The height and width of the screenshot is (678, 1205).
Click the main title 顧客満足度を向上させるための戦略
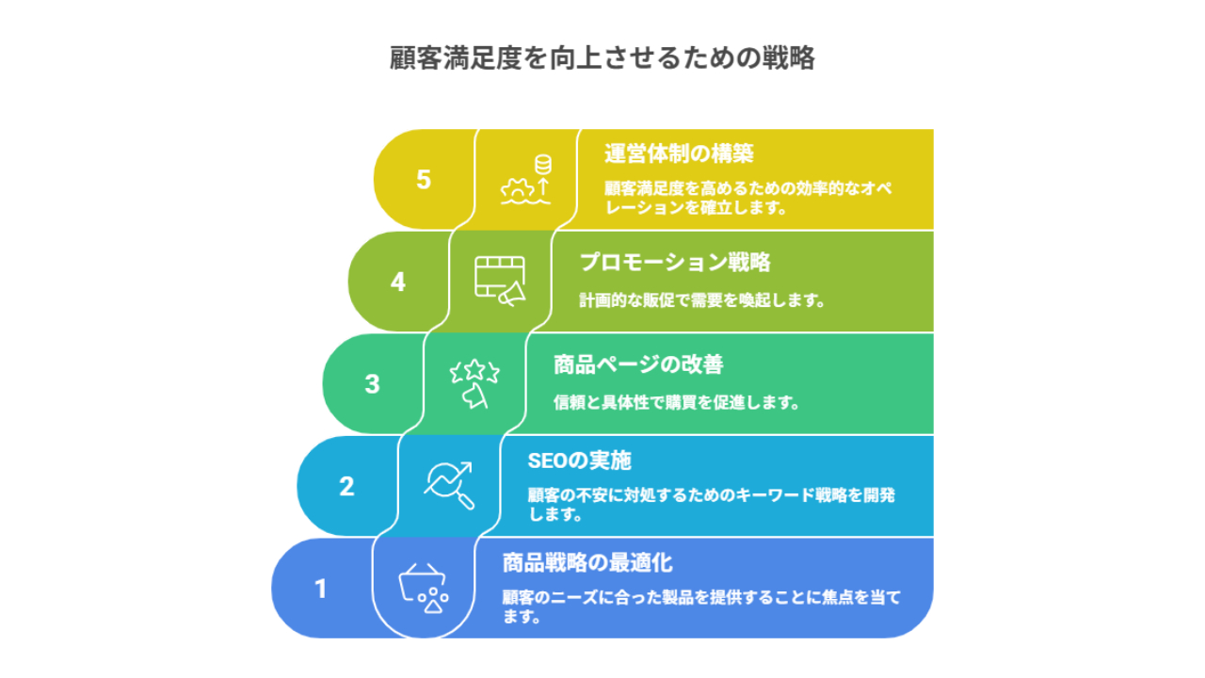pos(602,57)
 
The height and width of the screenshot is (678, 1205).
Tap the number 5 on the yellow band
pos(424,179)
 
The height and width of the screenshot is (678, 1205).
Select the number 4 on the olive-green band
pos(397,282)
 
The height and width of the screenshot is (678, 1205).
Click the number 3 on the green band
pos(372,384)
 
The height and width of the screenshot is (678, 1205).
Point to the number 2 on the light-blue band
pos(346,487)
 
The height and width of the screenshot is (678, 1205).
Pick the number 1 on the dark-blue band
pos(321,589)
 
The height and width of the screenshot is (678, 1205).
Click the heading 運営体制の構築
pos(679,153)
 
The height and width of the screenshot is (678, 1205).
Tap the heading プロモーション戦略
pos(675,263)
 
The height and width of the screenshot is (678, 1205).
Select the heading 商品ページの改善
pos(638,364)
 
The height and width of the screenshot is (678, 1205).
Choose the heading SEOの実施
pos(579,461)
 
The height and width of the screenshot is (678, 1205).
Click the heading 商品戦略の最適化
pos(587,563)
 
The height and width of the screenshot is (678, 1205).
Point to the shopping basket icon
pos(424,589)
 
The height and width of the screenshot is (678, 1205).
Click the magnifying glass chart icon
pos(449,485)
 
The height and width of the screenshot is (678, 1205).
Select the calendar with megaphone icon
pos(500,282)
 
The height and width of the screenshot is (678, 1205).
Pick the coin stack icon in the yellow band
pos(543,165)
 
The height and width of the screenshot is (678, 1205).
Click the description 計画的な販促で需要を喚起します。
pos(702,300)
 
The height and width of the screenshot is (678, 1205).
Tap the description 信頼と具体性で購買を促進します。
pos(676,402)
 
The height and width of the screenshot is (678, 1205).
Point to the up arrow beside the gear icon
pos(543,186)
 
